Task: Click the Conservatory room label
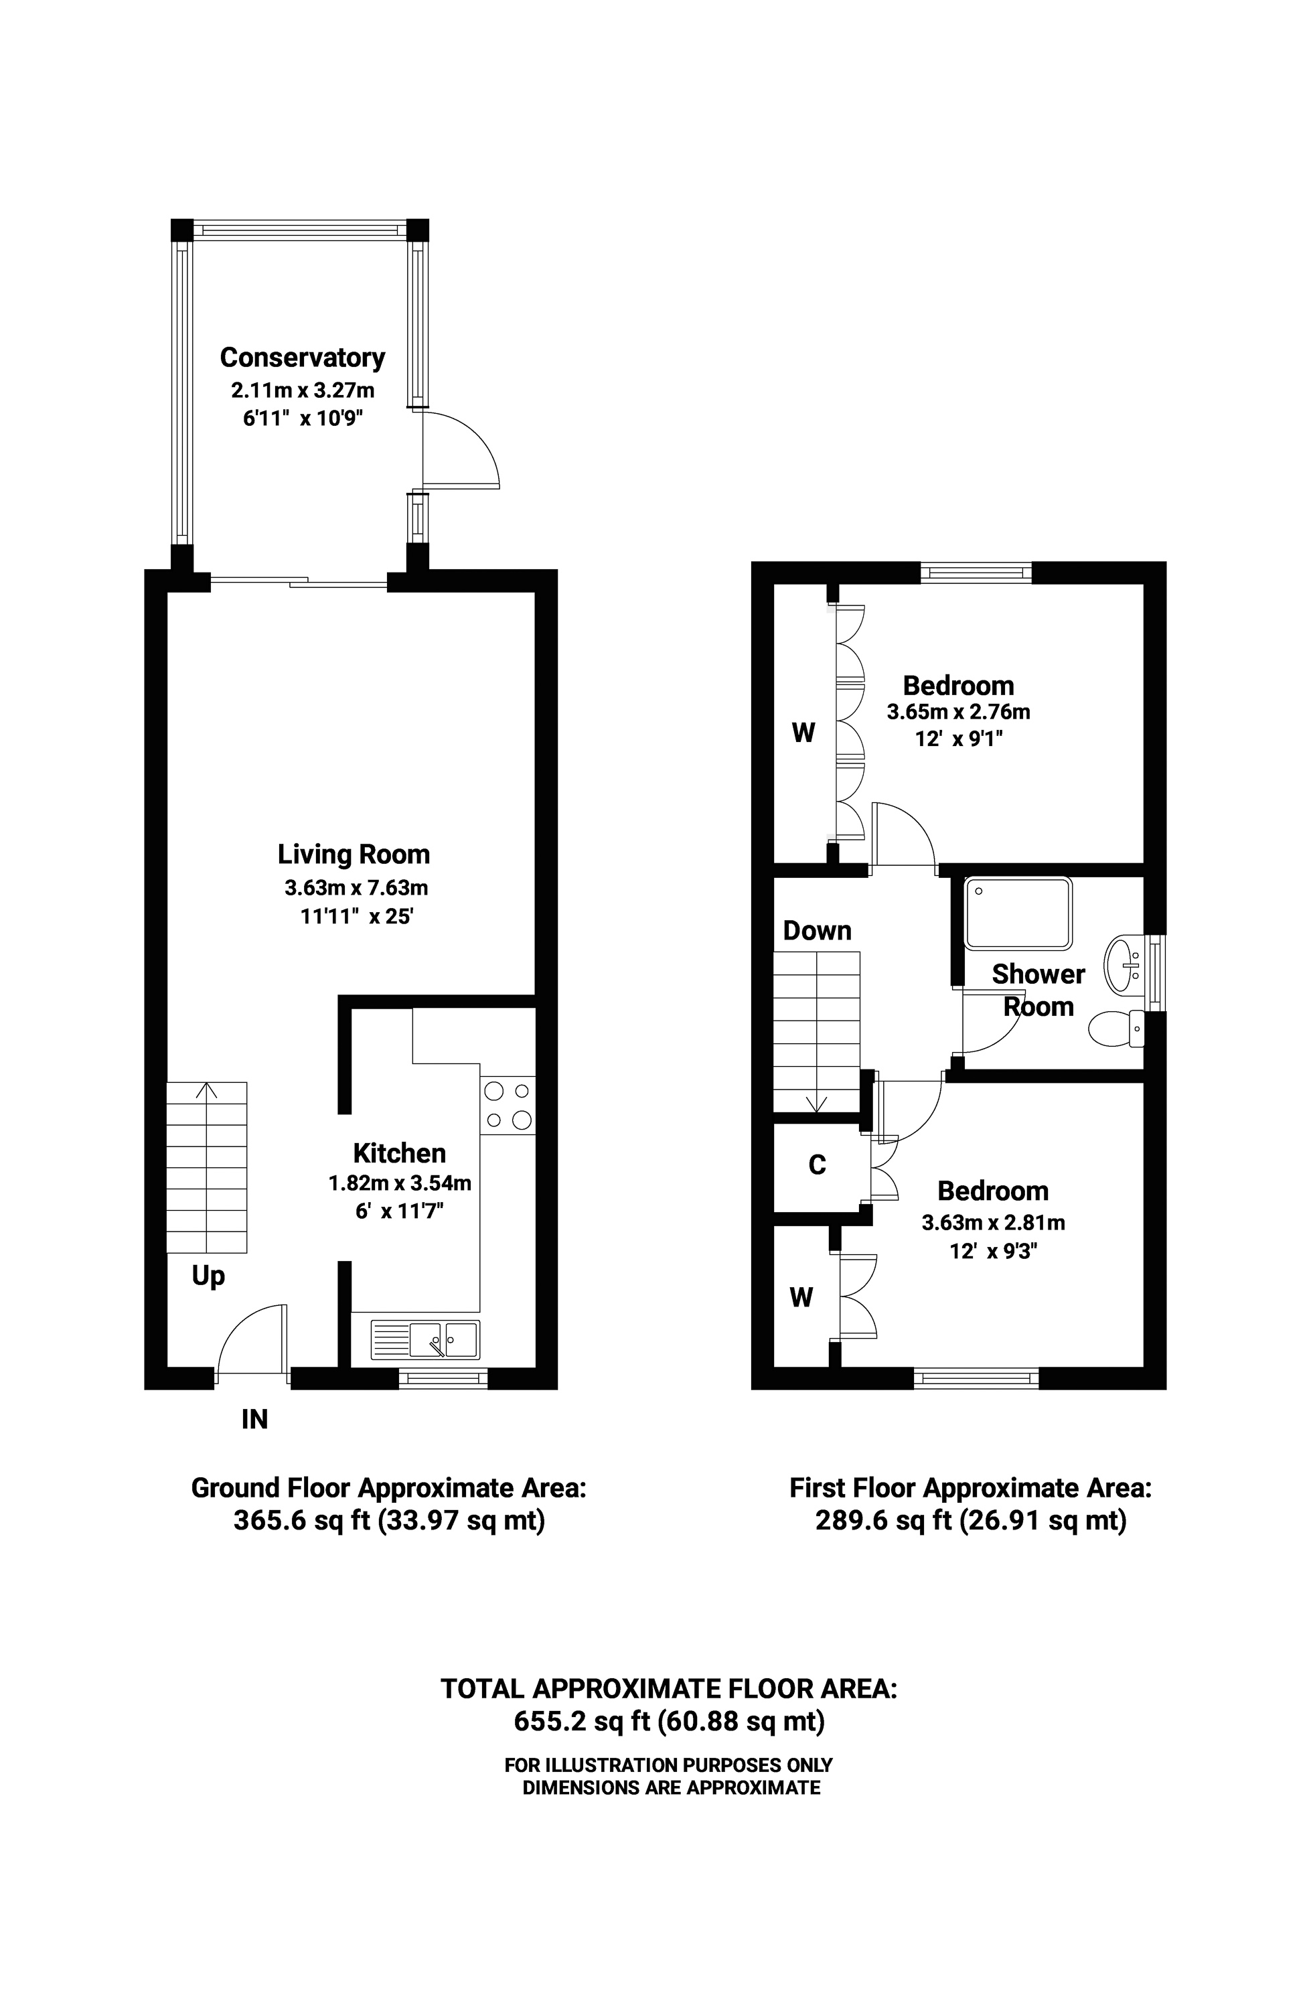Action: click(302, 358)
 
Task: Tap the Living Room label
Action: click(354, 854)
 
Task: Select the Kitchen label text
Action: click(399, 1152)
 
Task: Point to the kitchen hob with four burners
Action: click(508, 1105)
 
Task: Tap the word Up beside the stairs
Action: click(208, 1276)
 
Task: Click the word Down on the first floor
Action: click(817, 930)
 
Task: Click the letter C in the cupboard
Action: click(817, 1165)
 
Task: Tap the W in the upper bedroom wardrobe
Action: click(803, 733)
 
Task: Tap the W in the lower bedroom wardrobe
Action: click(801, 1296)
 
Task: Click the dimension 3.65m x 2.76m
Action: click(958, 712)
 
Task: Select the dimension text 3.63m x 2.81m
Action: click(993, 1222)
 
